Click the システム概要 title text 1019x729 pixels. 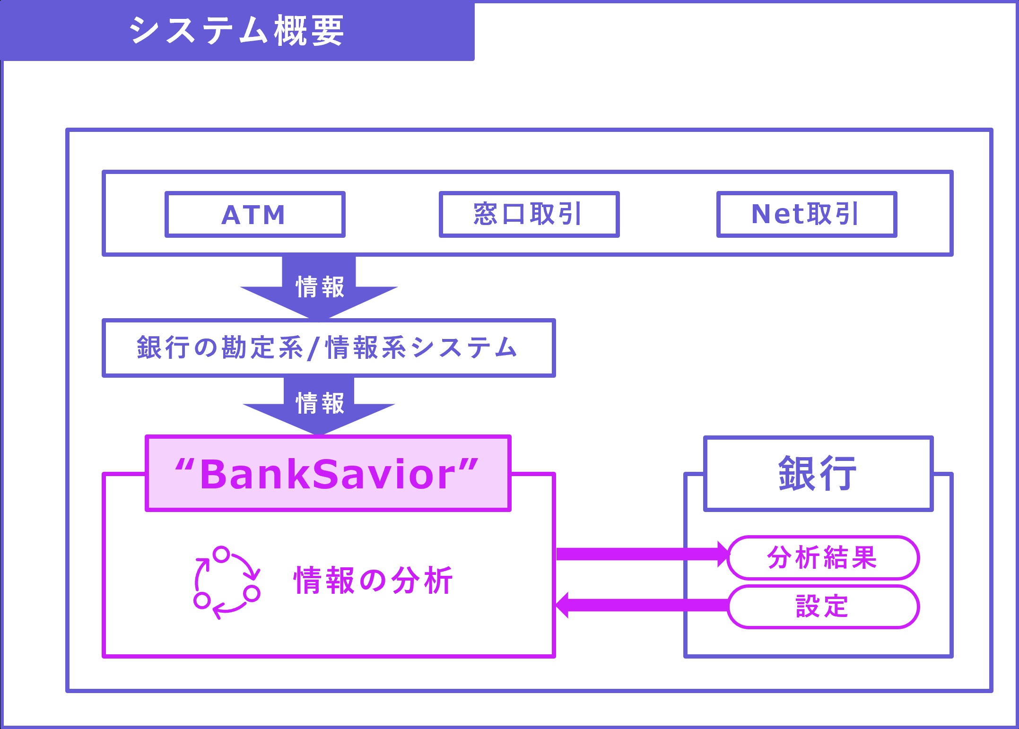[x=236, y=31]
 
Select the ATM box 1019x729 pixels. [x=255, y=214]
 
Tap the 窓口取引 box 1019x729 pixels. [x=529, y=214]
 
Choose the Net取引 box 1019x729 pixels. [x=806, y=214]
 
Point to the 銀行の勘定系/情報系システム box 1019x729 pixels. [x=328, y=348]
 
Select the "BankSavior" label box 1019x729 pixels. [x=328, y=473]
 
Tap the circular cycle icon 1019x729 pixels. [x=226, y=582]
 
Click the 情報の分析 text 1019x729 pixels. [x=373, y=581]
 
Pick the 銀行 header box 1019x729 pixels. [x=818, y=473]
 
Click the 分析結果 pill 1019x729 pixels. [x=823, y=558]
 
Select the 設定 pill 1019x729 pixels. [x=823, y=607]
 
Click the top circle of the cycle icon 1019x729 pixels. [x=221, y=554]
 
